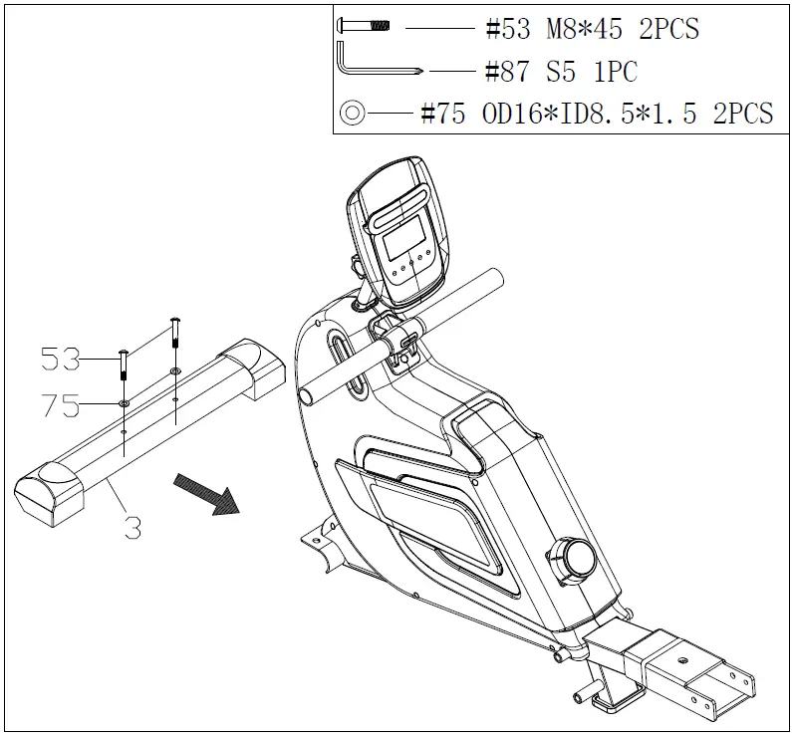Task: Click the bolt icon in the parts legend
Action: [x=365, y=28]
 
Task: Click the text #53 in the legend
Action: [x=509, y=29]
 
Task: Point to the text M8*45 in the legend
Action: [x=584, y=29]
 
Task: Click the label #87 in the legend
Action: [x=509, y=72]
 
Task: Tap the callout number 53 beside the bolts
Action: [x=62, y=360]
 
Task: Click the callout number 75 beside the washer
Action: [x=62, y=404]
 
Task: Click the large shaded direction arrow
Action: [x=207, y=493]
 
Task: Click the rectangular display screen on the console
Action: [x=404, y=240]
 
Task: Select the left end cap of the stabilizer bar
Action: [x=50, y=492]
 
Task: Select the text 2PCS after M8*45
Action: [x=668, y=29]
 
